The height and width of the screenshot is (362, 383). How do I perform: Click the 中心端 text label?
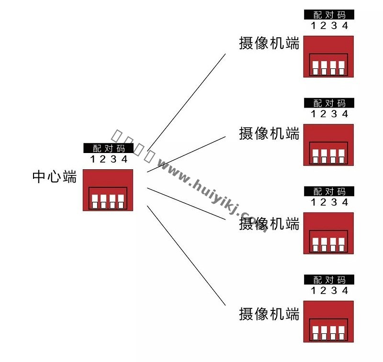coord(54,177)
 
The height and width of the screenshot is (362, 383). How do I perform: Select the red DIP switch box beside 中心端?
coord(108,190)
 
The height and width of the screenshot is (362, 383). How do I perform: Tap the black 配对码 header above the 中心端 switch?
coord(108,148)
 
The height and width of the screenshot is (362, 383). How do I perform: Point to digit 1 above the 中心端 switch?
coord(92,159)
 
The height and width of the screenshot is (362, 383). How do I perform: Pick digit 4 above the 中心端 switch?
coord(124,159)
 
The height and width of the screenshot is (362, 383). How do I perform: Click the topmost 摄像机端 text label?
coord(269,43)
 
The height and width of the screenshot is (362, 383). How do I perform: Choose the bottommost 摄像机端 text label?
coord(269,314)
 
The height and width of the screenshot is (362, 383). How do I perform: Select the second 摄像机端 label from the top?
coord(269,133)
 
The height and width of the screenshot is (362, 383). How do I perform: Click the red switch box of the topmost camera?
coord(328,56)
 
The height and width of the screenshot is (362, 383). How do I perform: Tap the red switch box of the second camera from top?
coord(328,145)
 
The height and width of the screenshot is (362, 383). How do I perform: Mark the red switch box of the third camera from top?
coord(328,233)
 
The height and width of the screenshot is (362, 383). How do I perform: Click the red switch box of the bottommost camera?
coord(328,321)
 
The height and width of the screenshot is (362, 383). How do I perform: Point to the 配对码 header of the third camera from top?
coord(329,191)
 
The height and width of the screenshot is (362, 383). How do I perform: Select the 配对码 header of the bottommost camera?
coord(329,280)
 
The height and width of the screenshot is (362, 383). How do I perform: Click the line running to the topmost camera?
coord(187,101)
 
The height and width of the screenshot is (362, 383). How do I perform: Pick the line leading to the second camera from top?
coord(187,154)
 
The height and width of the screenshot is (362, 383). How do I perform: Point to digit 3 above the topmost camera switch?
coord(334,25)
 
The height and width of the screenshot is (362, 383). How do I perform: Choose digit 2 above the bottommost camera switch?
coord(323,291)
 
